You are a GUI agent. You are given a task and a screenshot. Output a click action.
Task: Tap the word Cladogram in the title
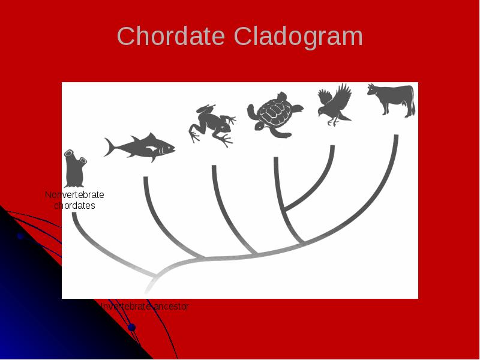298,37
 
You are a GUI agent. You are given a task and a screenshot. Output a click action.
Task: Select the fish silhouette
141,147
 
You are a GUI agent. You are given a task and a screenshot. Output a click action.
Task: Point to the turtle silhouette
274,114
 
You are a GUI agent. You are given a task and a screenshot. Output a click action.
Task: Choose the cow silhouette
392,98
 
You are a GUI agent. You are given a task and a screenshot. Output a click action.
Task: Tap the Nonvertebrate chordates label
74,200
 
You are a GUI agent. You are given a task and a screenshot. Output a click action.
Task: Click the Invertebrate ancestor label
145,307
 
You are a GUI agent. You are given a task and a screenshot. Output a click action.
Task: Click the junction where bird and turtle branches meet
284,211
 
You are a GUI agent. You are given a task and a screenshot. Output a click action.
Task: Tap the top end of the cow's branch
396,137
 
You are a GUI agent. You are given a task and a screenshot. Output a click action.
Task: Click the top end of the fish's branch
145,179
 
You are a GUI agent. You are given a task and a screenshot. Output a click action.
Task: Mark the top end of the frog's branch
214,167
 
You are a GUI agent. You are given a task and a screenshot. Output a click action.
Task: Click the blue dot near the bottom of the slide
131,328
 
